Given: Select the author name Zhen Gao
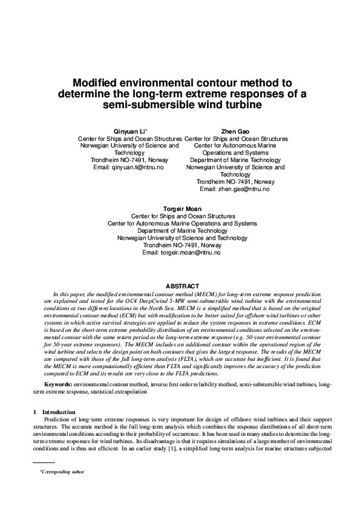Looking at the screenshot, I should point(235,131).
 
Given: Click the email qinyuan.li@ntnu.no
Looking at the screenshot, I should point(139,167).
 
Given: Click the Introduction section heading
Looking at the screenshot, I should point(59,412).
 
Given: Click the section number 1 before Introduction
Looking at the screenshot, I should point(35,412).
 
